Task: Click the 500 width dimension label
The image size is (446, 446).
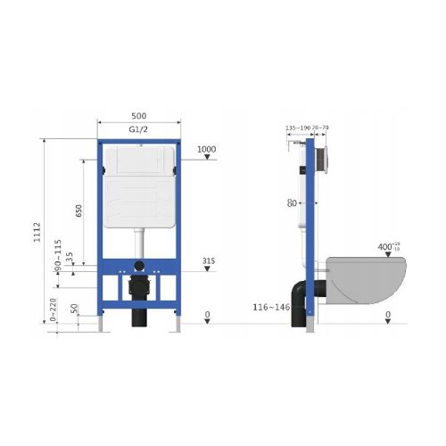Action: (138, 116)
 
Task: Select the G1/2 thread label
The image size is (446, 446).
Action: (138, 131)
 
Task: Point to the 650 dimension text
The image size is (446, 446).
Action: (78, 211)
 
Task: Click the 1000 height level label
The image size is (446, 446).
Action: (207, 149)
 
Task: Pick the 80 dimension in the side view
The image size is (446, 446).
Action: (292, 202)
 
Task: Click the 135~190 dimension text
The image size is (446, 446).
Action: (296, 128)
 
